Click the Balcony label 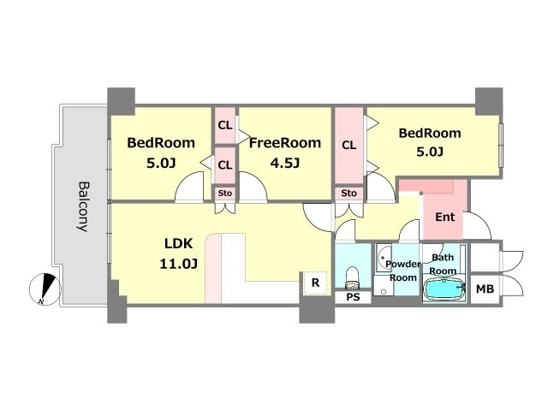pyautogui.click(x=82, y=206)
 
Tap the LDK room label pyautogui.click(x=178, y=243)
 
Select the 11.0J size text pyautogui.click(x=179, y=264)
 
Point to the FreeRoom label pyautogui.click(x=285, y=143)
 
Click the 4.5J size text pyautogui.click(x=285, y=163)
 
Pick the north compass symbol pyautogui.click(x=45, y=289)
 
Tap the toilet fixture pyautogui.click(x=352, y=278)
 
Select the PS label pyautogui.click(x=353, y=297)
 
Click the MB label pyautogui.click(x=485, y=289)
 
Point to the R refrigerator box pyautogui.click(x=315, y=283)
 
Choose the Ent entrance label pyautogui.click(x=445, y=217)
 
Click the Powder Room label pyautogui.click(x=403, y=271)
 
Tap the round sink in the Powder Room pyautogui.click(x=384, y=256)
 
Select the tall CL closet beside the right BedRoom pyautogui.click(x=349, y=146)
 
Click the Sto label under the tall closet pyautogui.click(x=348, y=194)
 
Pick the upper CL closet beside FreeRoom pyautogui.click(x=225, y=125)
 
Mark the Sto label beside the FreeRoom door pyautogui.click(x=225, y=194)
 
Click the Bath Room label pyautogui.click(x=443, y=265)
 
